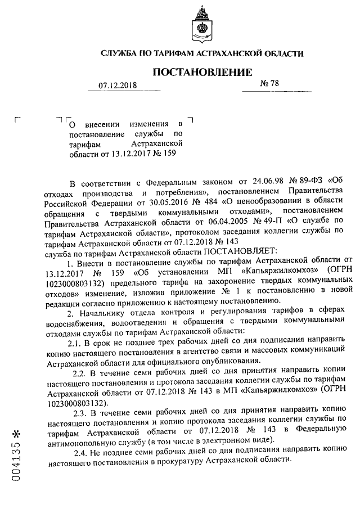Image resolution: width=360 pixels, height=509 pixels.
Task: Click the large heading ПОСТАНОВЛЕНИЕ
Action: tap(201, 73)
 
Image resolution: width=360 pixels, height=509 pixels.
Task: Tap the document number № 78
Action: tap(269, 84)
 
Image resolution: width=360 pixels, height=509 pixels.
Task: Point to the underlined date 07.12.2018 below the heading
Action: tap(118, 85)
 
